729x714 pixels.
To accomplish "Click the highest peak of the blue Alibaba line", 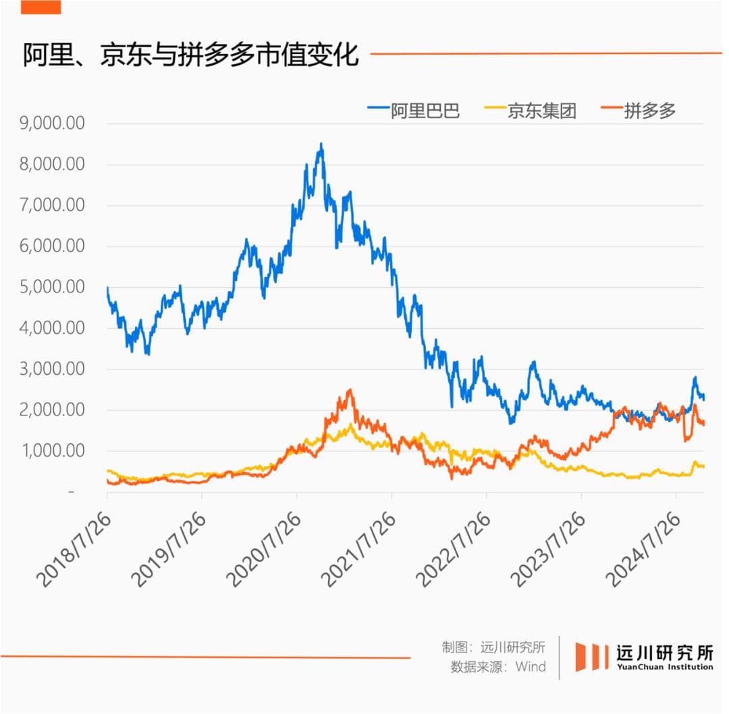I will [x=321, y=145].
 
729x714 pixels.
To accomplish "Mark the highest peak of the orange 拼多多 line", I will [x=350, y=390].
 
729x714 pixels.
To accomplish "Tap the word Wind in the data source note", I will [x=531, y=667].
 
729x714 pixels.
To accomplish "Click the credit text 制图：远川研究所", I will [x=493, y=646].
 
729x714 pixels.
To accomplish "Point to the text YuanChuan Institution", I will [x=664, y=667].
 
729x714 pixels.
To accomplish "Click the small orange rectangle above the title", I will [x=40, y=7].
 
